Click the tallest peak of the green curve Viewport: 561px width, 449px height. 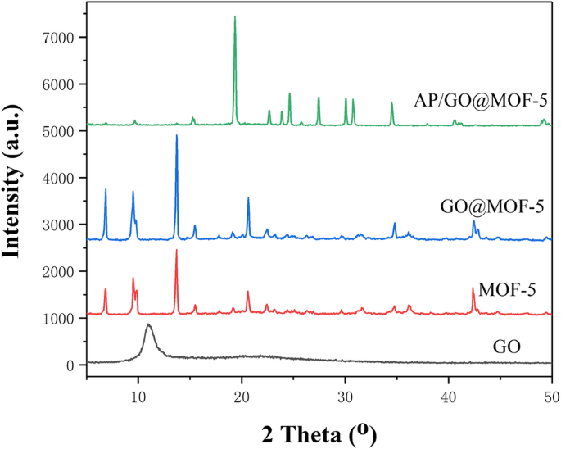click(x=235, y=17)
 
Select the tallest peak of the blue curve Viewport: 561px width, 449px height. click(x=176, y=136)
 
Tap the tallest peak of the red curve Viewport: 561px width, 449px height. click(x=176, y=251)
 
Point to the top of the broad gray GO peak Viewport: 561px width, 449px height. click(x=148, y=324)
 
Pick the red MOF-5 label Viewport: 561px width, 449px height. click(x=507, y=290)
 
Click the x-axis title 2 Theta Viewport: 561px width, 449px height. click(x=319, y=431)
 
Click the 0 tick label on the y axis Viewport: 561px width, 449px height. click(x=71, y=365)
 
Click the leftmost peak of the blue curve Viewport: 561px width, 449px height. click(x=106, y=190)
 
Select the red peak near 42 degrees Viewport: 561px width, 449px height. click(x=473, y=288)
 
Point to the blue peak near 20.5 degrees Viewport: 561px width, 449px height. click(x=248, y=198)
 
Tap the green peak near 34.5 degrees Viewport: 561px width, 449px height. click(x=392, y=103)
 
